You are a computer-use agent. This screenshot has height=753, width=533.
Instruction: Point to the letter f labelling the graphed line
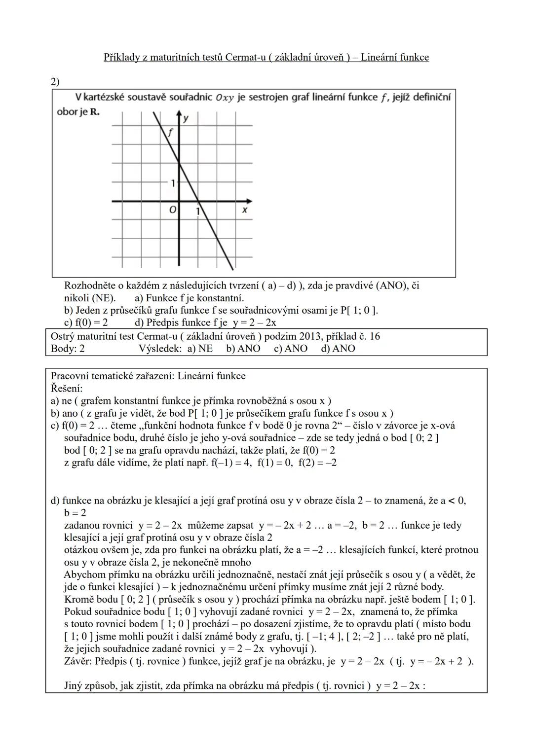click(x=170, y=132)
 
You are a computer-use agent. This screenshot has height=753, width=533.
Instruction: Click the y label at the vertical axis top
click(x=186, y=118)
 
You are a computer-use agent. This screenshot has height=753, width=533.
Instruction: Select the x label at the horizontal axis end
click(x=244, y=210)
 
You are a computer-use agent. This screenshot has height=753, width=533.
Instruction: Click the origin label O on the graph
click(x=172, y=210)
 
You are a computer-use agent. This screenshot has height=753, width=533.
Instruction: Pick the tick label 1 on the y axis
click(x=173, y=183)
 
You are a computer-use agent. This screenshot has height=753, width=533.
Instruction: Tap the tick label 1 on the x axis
click(x=197, y=211)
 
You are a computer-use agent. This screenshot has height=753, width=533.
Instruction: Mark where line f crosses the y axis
click(x=179, y=164)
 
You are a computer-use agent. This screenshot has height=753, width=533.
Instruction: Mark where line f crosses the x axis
click(x=198, y=201)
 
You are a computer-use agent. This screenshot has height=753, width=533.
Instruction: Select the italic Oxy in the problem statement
click(x=225, y=98)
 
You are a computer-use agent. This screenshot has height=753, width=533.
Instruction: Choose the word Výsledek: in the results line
click(x=160, y=349)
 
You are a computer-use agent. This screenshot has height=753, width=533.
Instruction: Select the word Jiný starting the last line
click(x=75, y=686)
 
